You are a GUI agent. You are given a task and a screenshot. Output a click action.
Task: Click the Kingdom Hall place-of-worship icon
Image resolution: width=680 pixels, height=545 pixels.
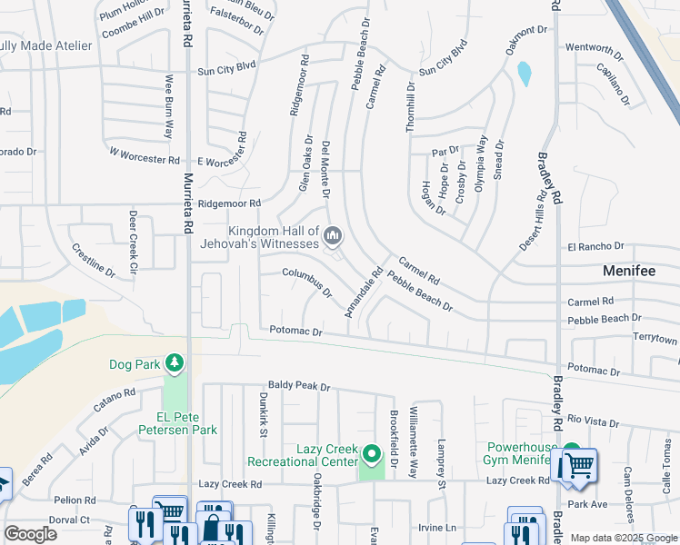[x=333, y=238]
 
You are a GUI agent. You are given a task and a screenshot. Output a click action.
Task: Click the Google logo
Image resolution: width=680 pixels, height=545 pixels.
[x=31, y=533]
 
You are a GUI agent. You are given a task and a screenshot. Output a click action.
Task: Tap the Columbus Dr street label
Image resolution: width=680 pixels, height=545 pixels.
[x=307, y=283]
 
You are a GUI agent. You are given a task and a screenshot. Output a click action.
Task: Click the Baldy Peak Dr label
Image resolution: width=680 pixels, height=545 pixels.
[x=298, y=387]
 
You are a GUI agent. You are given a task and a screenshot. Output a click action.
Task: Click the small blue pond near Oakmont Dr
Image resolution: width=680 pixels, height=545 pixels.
[x=524, y=74]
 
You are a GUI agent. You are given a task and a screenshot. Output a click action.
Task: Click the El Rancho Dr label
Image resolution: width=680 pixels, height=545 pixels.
[x=595, y=246]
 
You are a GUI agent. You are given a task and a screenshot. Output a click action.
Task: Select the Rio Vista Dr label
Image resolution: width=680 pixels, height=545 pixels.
[x=592, y=422]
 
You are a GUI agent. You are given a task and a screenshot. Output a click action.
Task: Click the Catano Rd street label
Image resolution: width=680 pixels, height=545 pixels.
[x=116, y=406]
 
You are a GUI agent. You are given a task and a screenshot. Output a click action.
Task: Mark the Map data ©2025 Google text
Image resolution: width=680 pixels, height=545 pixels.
[x=623, y=538]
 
